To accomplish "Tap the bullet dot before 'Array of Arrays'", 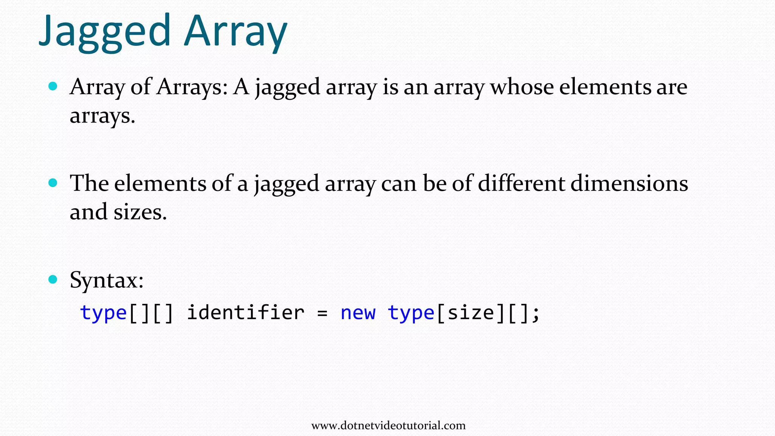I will (53, 86).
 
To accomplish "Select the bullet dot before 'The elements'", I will (53, 183).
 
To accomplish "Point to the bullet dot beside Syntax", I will (53, 280).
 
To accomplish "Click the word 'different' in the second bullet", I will (521, 184).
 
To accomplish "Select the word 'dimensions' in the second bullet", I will (629, 184).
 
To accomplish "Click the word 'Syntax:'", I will (107, 281).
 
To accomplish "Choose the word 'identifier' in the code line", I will (246, 313).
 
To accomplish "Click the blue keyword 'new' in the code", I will (358, 313).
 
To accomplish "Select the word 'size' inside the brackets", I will (471, 313).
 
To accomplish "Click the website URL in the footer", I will (388, 425).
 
